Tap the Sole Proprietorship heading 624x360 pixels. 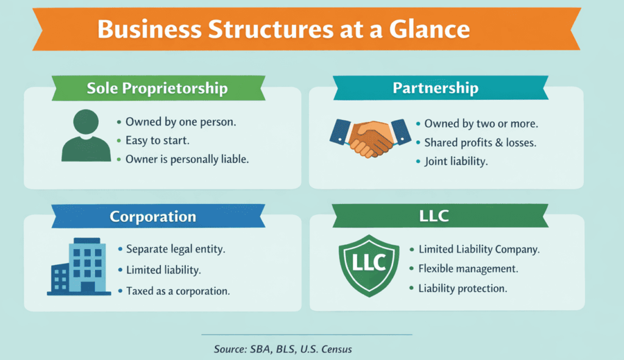157,88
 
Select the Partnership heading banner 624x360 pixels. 435,88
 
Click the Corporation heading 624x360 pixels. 153,217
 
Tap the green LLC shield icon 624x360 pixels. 369,263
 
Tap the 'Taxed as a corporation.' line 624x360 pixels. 178,291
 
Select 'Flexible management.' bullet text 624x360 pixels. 468,268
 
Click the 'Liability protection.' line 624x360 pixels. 463,288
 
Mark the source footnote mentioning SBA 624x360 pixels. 283,350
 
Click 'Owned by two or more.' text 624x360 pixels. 481,124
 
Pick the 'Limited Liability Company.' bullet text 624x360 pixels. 479,249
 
